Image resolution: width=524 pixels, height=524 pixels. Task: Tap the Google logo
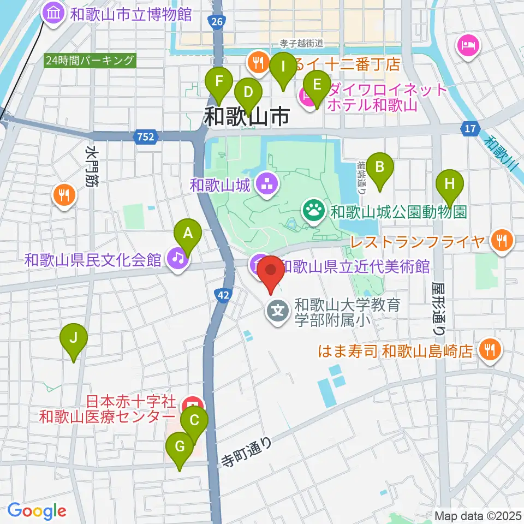pyautogui.click(x=37, y=511)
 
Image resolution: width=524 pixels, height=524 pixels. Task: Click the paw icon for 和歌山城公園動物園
pyautogui.click(x=314, y=210)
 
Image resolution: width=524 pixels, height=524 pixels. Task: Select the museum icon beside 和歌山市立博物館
pyautogui.click(x=54, y=14)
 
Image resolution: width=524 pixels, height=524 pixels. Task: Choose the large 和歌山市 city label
pyautogui.click(x=246, y=116)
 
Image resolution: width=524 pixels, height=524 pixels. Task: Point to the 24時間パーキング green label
pyautogui.click(x=90, y=60)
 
